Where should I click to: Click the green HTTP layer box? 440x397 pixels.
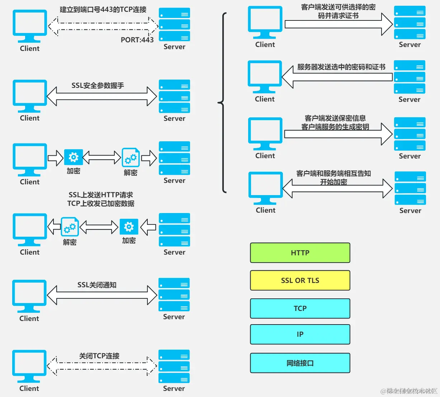tap(300, 253)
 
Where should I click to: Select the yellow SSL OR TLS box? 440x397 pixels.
tap(300, 280)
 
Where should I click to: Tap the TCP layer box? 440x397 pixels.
tap(300, 308)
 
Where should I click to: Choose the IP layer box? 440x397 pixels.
tap(300, 334)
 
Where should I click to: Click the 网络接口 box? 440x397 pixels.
tap(300, 363)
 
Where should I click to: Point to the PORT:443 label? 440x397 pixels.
tap(137, 40)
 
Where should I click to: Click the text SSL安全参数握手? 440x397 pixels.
tap(98, 85)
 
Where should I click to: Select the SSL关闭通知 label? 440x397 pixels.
tap(97, 285)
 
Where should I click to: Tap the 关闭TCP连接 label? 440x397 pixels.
tap(99, 356)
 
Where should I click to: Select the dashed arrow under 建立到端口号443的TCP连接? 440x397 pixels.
tap(103, 26)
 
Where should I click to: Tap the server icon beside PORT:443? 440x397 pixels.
tap(174, 25)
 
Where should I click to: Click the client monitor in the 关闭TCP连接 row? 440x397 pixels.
tap(29, 366)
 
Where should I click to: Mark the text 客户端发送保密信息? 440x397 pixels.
tap(335, 118)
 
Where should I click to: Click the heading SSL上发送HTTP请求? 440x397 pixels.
tap(101, 195)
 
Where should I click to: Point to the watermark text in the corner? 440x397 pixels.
tap(409, 391)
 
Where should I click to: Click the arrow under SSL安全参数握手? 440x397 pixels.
tap(102, 96)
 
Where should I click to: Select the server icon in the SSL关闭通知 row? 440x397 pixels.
tap(174, 295)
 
